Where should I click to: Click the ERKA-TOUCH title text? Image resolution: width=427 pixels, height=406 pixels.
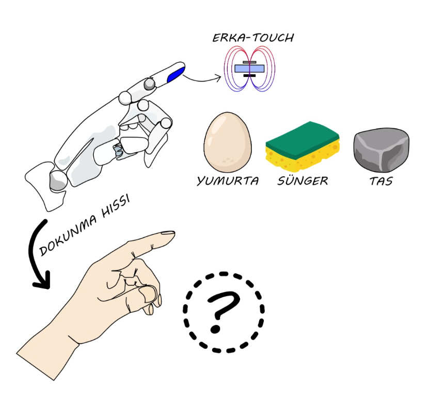(x=253, y=38)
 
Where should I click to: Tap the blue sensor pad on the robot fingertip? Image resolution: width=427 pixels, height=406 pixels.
(x=176, y=75)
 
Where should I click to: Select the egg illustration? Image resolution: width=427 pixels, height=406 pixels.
(x=228, y=142)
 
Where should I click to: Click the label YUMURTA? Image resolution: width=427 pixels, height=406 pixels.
(x=228, y=181)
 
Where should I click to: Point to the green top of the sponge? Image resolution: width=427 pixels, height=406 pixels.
(x=302, y=139)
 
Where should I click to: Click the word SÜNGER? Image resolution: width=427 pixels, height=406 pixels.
(x=303, y=181)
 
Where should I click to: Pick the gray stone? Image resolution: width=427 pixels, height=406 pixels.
(x=381, y=150)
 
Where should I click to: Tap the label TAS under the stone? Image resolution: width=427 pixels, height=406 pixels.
(x=381, y=181)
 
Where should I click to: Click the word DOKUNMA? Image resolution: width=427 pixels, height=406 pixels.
(x=68, y=236)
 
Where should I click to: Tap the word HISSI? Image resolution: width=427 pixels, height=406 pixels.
(x=116, y=206)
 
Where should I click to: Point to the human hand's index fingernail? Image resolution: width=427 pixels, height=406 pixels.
(x=167, y=233)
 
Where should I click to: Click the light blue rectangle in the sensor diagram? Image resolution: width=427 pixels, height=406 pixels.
(x=249, y=68)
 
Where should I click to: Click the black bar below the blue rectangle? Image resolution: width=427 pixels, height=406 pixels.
(x=249, y=75)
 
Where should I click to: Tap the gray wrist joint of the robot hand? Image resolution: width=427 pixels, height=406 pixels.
(x=57, y=181)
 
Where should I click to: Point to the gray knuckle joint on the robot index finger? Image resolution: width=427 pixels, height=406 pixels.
(x=149, y=84)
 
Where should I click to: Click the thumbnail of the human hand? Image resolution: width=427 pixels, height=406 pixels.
(x=148, y=294)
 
